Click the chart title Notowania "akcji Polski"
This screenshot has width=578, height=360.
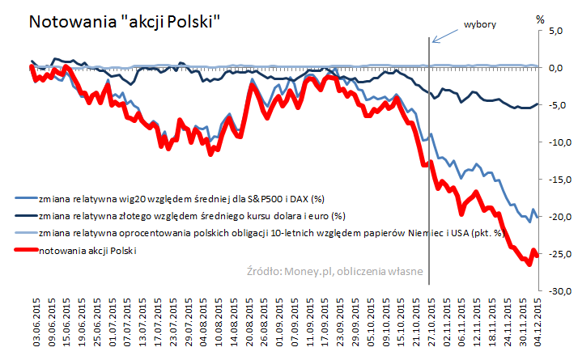(125, 21)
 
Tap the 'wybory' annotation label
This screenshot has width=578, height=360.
(479, 24)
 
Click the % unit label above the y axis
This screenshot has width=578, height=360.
(541, 17)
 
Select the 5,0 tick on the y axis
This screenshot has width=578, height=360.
(555, 32)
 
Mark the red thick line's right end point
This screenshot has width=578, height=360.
(538, 256)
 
